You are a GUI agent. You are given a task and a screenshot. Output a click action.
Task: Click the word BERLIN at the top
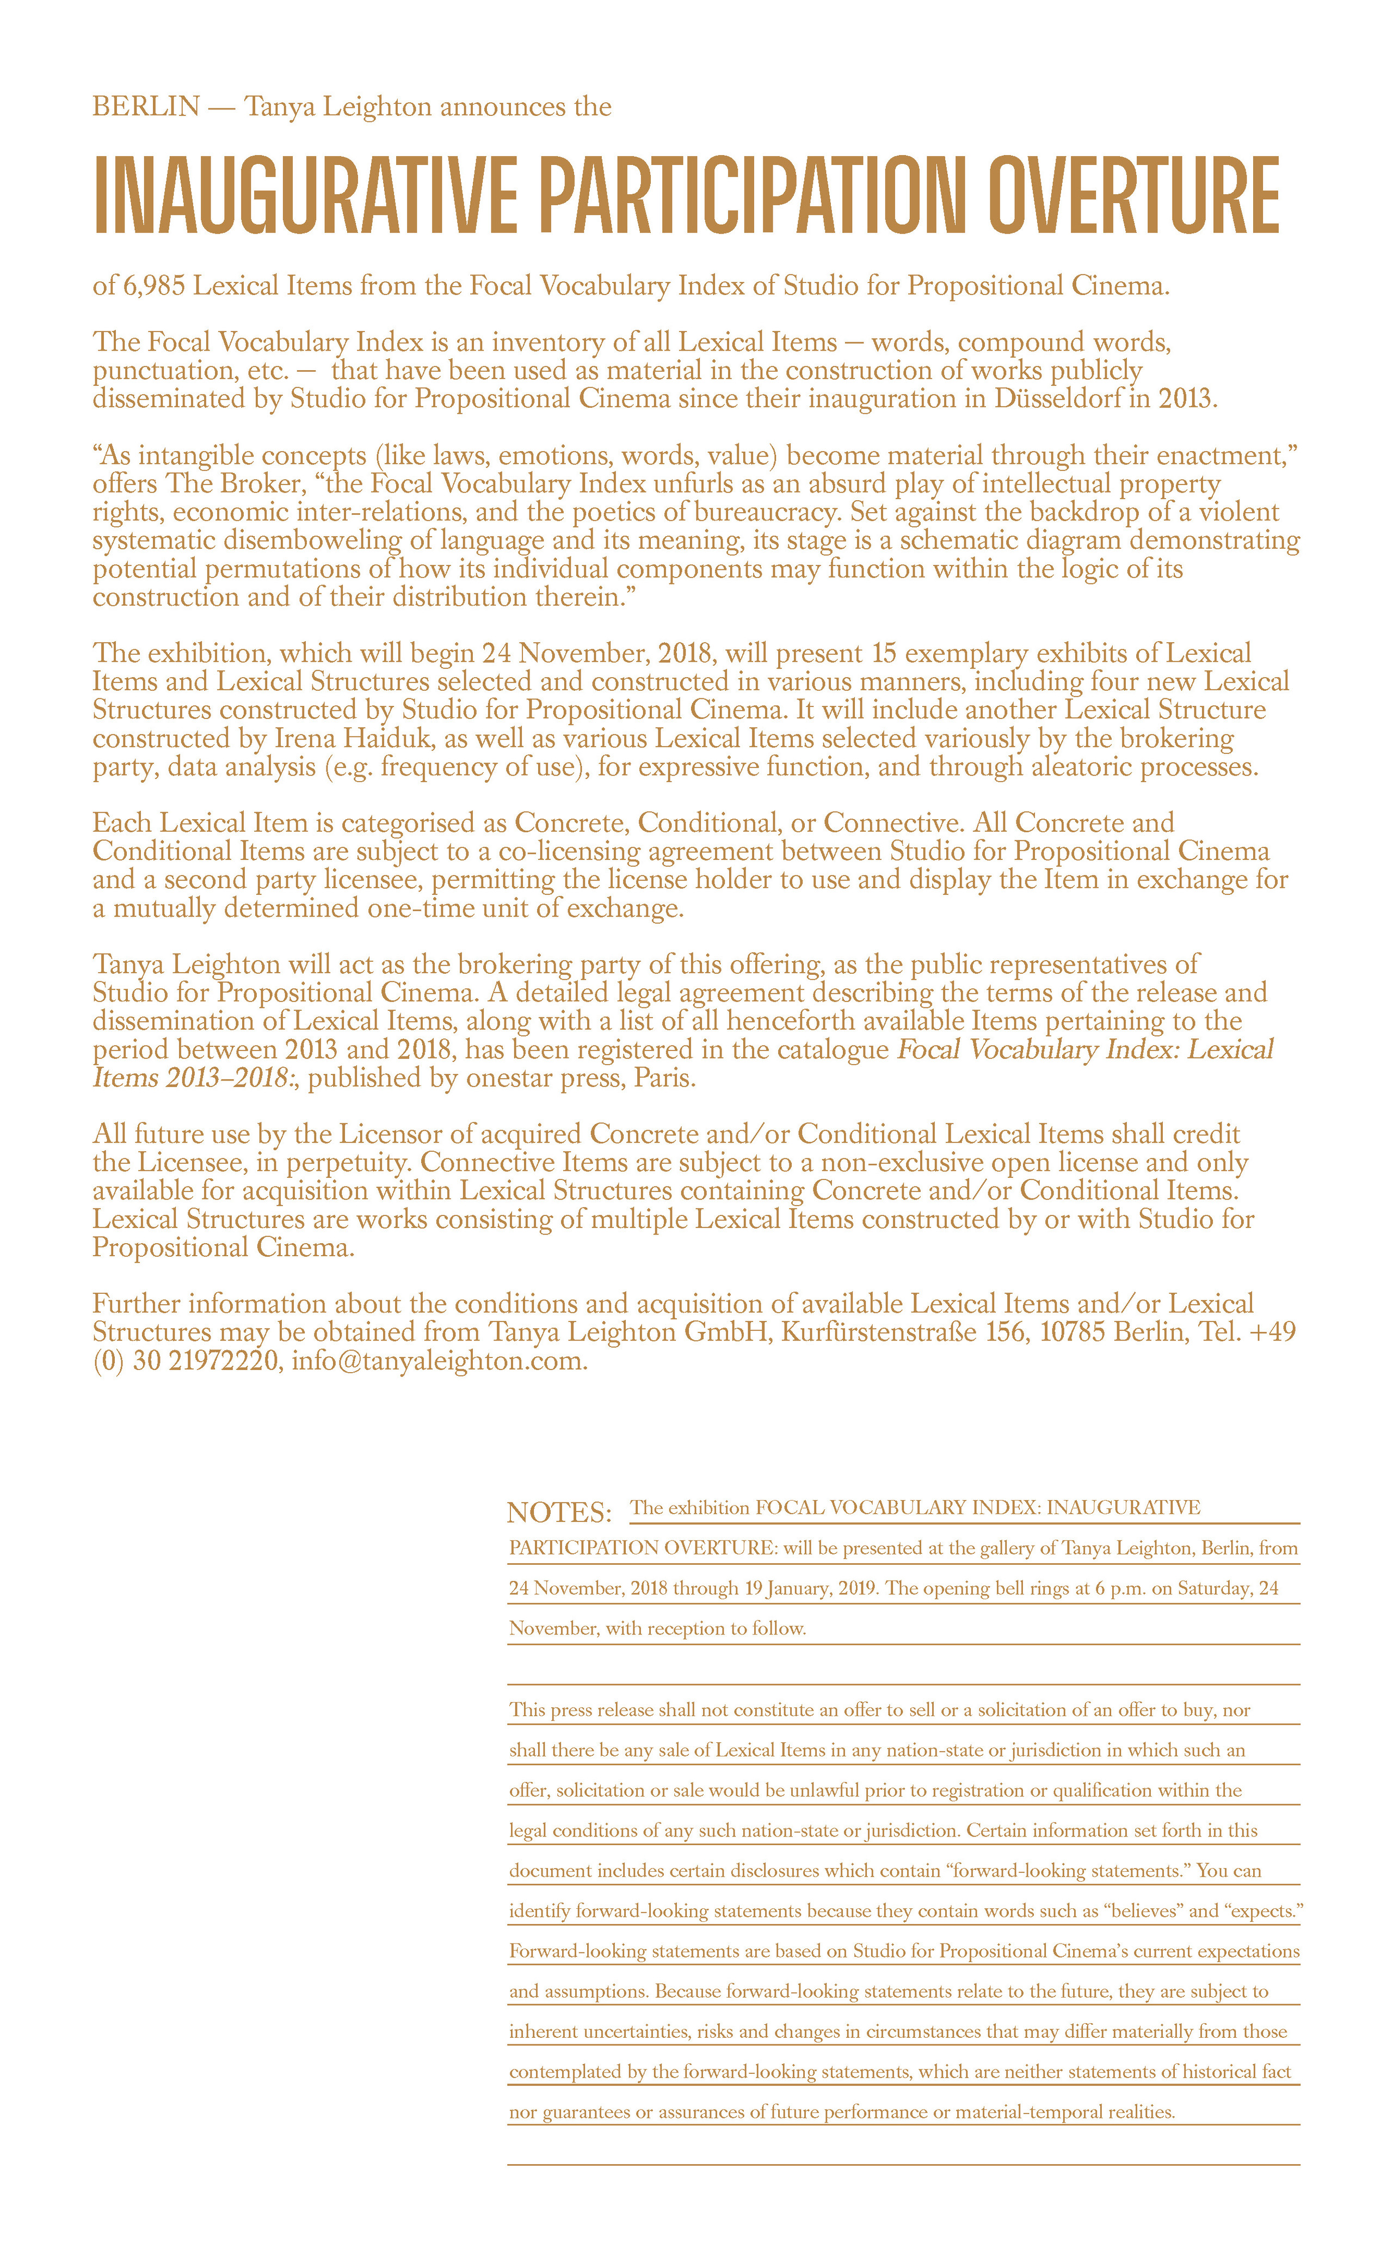tap(146, 107)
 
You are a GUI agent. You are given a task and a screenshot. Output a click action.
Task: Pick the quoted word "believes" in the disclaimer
tap(1142, 1910)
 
